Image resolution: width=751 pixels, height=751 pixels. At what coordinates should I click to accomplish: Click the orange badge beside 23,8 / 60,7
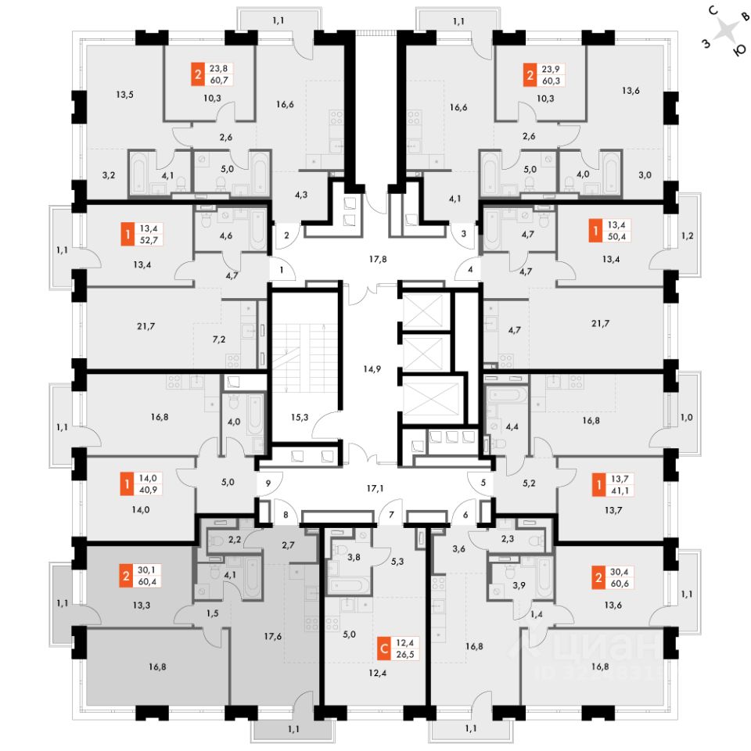pyautogui.click(x=198, y=74)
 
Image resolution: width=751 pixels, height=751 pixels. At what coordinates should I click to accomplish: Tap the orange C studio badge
pyautogui.click(x=384, y=649)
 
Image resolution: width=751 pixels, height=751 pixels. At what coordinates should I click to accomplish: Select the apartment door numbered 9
pyautogui.click(x=268, y=483)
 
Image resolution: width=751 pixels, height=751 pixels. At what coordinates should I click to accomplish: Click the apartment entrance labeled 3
pyautogui.click(x=464, y=234)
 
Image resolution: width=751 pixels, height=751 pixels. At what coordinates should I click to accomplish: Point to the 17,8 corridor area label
pyautogui.click(x=377, y=259)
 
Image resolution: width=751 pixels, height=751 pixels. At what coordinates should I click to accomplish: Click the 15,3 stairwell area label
pyautogui.click(x=300, y=417)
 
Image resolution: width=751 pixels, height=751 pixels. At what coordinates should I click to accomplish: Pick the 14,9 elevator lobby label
pyautogui.click(x=372, y=368)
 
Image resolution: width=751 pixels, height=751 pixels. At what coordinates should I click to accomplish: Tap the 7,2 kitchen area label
pyautogui.click(x=219, y=339)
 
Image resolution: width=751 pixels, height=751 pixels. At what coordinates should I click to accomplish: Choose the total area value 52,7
pyautogui.click(x=149, y=240)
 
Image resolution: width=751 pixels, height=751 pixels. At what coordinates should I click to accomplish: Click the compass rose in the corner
pyautogui.click(x=727, y=32)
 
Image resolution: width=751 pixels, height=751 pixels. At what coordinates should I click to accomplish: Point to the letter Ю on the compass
pyautogui.click(x=740, y=49)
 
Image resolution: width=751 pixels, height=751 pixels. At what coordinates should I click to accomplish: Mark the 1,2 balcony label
pyautogui.click(x=688, y=235)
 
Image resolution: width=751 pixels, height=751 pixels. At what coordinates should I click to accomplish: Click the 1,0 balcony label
pyautogui.click(x=687, y=417)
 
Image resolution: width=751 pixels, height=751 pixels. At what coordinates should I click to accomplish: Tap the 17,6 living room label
pyautogui.click(x=272, y=636)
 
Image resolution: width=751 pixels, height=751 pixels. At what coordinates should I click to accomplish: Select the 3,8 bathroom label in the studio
pyautogui.click(x=354, y=557)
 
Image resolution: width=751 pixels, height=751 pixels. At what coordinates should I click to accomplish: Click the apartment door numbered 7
pyautogui.click(x=391, y=515)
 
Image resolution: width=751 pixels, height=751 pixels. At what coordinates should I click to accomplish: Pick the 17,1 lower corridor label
pyautogui.click(x=375, y=488)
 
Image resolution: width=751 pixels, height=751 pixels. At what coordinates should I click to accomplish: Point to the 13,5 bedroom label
pyautogui.click(x=124, y=95)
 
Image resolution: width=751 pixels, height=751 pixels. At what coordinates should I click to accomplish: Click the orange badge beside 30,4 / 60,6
pyautogui.click(x=598, y=577)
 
